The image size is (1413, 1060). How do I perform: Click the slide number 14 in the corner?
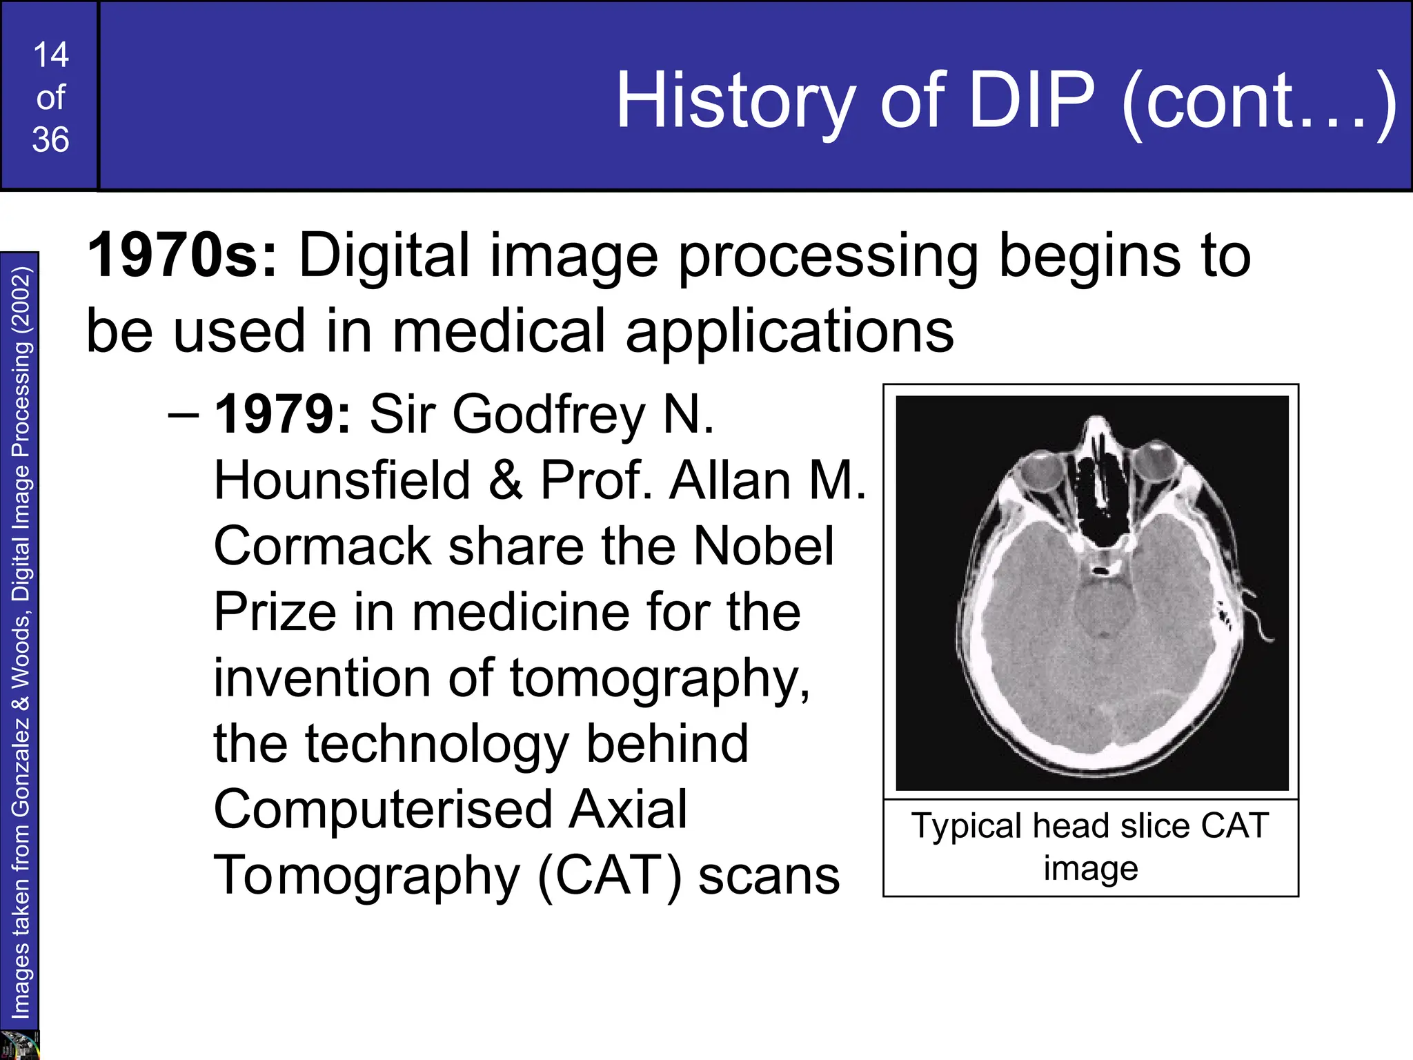(x=50, y=55)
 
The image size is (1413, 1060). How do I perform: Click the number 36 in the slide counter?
(x=50, y=140)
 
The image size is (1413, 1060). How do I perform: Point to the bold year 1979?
(x=283, y=415)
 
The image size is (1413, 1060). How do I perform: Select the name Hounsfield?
(x=342, y=480)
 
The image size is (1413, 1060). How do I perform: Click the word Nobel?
(x=764, y=546)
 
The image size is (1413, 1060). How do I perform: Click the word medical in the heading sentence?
(x=498, y=331)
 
